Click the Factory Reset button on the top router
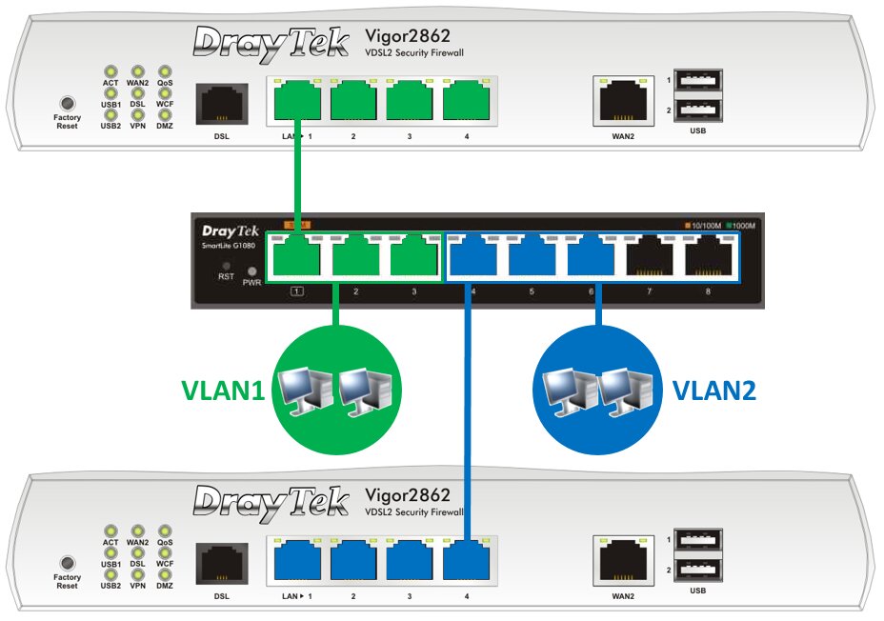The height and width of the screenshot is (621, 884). (67, 102)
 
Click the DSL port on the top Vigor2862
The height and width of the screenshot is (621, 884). (222, 102)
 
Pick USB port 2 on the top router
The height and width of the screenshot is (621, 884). (698, 111)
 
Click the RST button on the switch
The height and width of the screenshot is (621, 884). (226, 267)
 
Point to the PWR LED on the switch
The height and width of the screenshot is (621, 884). (252, 271)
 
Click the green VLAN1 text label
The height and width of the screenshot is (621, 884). (222, 391)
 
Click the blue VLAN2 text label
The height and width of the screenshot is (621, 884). (714, 391)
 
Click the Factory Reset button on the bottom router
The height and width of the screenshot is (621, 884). (67, 562)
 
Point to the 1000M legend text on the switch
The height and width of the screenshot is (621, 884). (743, 226)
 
